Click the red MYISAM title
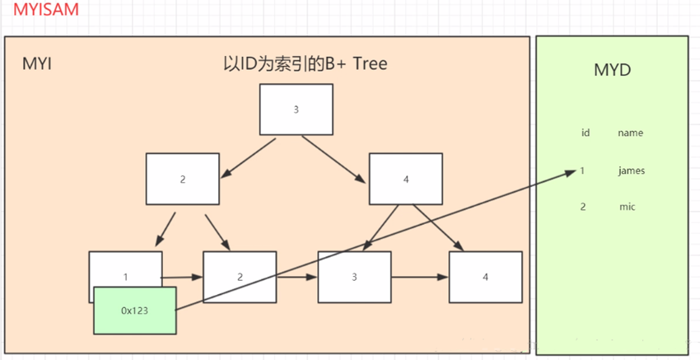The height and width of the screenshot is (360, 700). click(x=42, y=12)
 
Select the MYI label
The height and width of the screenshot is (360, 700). click(x=37, y=64)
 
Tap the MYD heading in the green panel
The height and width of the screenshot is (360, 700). click(x=612, y=70)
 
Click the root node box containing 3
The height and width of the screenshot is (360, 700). click(x=296, y=110)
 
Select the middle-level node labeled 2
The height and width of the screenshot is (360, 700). click(x=183, y=179)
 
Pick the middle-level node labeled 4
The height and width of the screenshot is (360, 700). click(x=405, y=179)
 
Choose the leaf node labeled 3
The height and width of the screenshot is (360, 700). click(x=354, y=277)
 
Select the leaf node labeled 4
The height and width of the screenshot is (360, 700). click(x=485, y=277)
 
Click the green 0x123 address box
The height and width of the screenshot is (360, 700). click(x=134, y=311)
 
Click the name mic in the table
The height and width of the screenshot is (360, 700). click(x=628, y=207)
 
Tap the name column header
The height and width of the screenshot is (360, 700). click(x=630, y=133)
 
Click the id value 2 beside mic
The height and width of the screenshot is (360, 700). click(x=583, y=207)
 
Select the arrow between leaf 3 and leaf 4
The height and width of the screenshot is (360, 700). click(x=419, y=278)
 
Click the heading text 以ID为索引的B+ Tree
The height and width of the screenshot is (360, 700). click(x=306, y=64)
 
